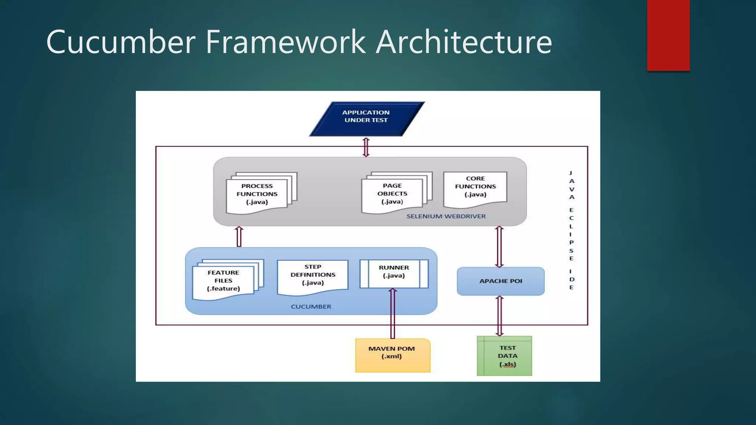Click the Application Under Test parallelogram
[366, 119]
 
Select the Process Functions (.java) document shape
[257, 194]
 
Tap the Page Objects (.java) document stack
[392, 194]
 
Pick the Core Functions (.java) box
[475, 187]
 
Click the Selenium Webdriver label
[446, 217]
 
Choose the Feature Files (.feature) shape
[224, 281]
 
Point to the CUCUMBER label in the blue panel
[311, 307]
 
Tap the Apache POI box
[501, 281]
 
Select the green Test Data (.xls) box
[505, 356]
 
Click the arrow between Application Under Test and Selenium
[366, 147]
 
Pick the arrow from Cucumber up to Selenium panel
[239, 236]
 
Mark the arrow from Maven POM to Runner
[393, 314]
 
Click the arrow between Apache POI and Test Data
[499, 316]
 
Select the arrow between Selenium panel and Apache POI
[499, 246]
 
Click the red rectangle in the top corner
[668, 35]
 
